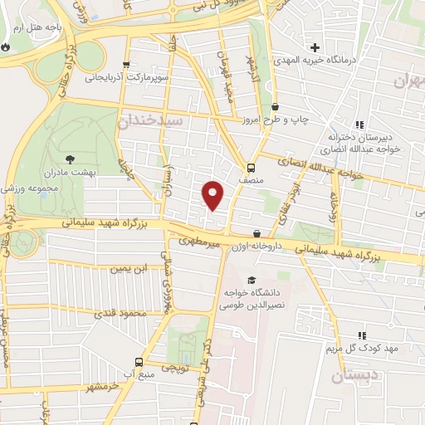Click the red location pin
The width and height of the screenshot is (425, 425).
coord(213,194)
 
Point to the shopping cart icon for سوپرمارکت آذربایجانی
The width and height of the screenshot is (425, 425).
coord(125,65)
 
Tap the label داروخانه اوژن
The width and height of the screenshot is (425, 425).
coord(263,247)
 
